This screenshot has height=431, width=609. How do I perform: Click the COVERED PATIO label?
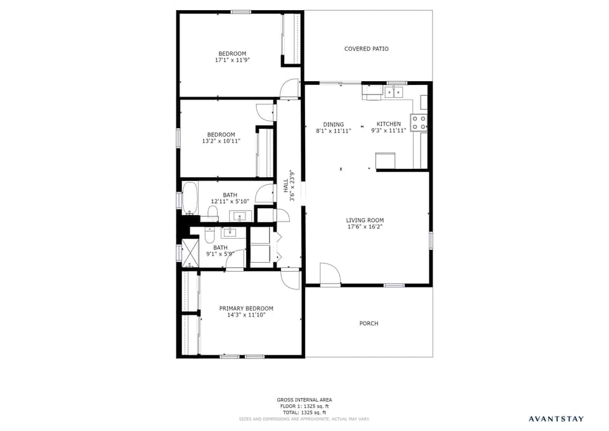coord(366,49)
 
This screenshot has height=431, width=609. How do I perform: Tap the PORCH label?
coord(369,324)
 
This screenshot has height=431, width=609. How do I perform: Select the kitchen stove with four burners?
coord(419,122)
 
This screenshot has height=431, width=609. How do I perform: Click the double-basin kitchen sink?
coord(393,93)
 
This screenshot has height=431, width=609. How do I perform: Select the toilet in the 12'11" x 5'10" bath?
coord(213,213)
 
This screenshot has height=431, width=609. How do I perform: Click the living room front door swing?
coord(329,274)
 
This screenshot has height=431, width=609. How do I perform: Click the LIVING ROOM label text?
coord(365,220)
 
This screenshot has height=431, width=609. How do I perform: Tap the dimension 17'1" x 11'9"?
coord(232,60)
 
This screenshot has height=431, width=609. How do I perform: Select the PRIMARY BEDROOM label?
coord(246,308)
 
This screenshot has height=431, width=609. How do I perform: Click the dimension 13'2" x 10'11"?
coord(221,141)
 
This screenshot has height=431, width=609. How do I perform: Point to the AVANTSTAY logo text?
coord(556,418)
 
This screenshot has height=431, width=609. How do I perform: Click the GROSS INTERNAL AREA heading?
coord(304,400)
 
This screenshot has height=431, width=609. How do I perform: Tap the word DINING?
coord(334,124)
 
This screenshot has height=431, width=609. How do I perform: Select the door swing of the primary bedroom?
coord(291,279)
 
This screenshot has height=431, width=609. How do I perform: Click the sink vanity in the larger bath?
coord(240,216)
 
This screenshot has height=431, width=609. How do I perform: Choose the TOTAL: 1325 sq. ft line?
coord(304,413)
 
